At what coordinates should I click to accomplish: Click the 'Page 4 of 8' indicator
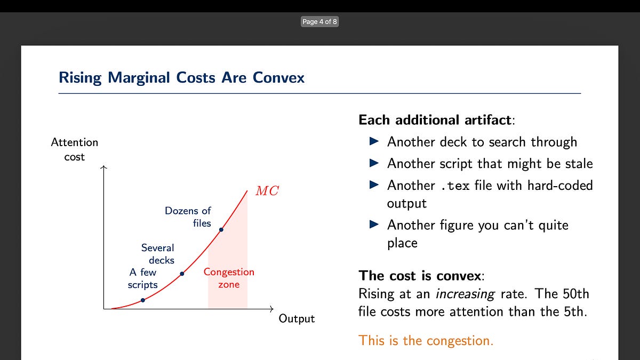pyautogui.click(x=319, y=22)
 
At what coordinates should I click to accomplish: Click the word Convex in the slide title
pyautogui.click(x=278, y=78)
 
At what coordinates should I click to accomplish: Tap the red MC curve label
pyautogui.click(x=267, y=191)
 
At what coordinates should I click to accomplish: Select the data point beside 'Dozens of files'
pyautogui.click(x=221, y=230)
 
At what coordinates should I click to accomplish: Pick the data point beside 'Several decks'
pyautogui.click(x=182, y=274)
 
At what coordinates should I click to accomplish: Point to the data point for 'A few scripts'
pyautogui.click(x=143, y=300)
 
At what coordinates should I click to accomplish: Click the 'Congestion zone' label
pyautogui.click(x=229, y=278)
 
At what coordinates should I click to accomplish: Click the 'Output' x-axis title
pyautogui.click(x=297, y=319)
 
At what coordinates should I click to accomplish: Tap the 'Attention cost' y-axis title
pyautogui.click(x=75, y=149)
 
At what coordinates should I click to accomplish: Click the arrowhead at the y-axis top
pyautogui.click(x=104, y=168)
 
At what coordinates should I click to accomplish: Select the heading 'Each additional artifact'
pyautogui.click(x=435, y=119)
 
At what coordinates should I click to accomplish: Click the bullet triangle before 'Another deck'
pyautogui.click(x=374, y=141)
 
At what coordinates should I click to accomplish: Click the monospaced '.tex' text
pyautogui.click(x=454, y=186)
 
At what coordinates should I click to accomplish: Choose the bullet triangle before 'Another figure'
pyautogui.click(x=374, y=225)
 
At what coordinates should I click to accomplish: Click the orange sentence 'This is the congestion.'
pyautogui.click(x=426, y=340)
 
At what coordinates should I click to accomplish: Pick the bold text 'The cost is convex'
pyautogui.click(x=420, y=276)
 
